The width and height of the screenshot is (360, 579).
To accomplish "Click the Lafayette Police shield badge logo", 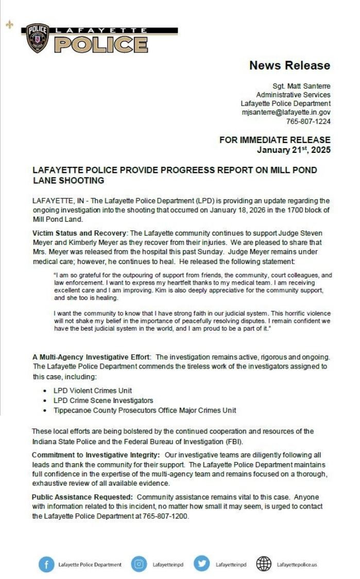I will coord(38,38).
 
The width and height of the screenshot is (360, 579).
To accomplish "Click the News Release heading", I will coord(289,65).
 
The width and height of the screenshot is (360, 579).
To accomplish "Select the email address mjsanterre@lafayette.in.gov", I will coord(286,112).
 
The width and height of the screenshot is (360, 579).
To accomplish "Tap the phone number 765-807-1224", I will coord(308,121).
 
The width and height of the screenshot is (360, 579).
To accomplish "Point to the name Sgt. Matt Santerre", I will coord(301,86).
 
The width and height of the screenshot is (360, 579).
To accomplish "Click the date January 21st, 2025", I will coord(294,150).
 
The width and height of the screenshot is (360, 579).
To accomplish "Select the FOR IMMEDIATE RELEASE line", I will coord(275,140).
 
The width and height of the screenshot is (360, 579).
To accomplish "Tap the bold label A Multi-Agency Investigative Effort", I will coord(91,357).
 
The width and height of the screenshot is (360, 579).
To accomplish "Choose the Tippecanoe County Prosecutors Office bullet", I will coord(145,410).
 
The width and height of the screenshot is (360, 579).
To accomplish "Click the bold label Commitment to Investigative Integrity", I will coord(96,455).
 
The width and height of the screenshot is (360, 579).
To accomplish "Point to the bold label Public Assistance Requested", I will coord(82,497).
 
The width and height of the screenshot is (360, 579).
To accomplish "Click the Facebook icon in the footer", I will coord(46,564).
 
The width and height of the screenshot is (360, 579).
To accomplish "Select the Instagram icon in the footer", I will coord(139,564).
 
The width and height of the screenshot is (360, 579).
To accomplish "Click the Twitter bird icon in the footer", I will coord(202,564).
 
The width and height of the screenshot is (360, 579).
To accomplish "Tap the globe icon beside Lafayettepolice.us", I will coord(264,564).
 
